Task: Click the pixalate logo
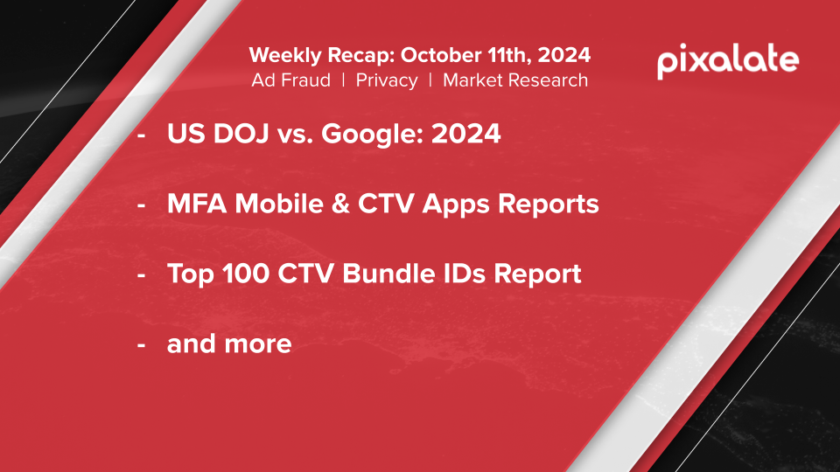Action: (x=728, y=61)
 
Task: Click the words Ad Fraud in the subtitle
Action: (x=290, y=80)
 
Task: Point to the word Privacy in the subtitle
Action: (x=387, y=80)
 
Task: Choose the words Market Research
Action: (x=515, y=80)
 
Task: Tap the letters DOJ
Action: (x=241, y=133)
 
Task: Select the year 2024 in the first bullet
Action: (x=466, y=133)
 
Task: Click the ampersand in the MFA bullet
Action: (x=340, y=204)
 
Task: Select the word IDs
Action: (x=465, y=274)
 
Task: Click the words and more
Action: (x=229, y=344)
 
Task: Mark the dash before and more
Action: (x=142, y=345)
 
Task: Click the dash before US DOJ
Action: (x=142, y=135)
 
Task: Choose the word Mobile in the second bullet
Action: (x=278, y=204)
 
